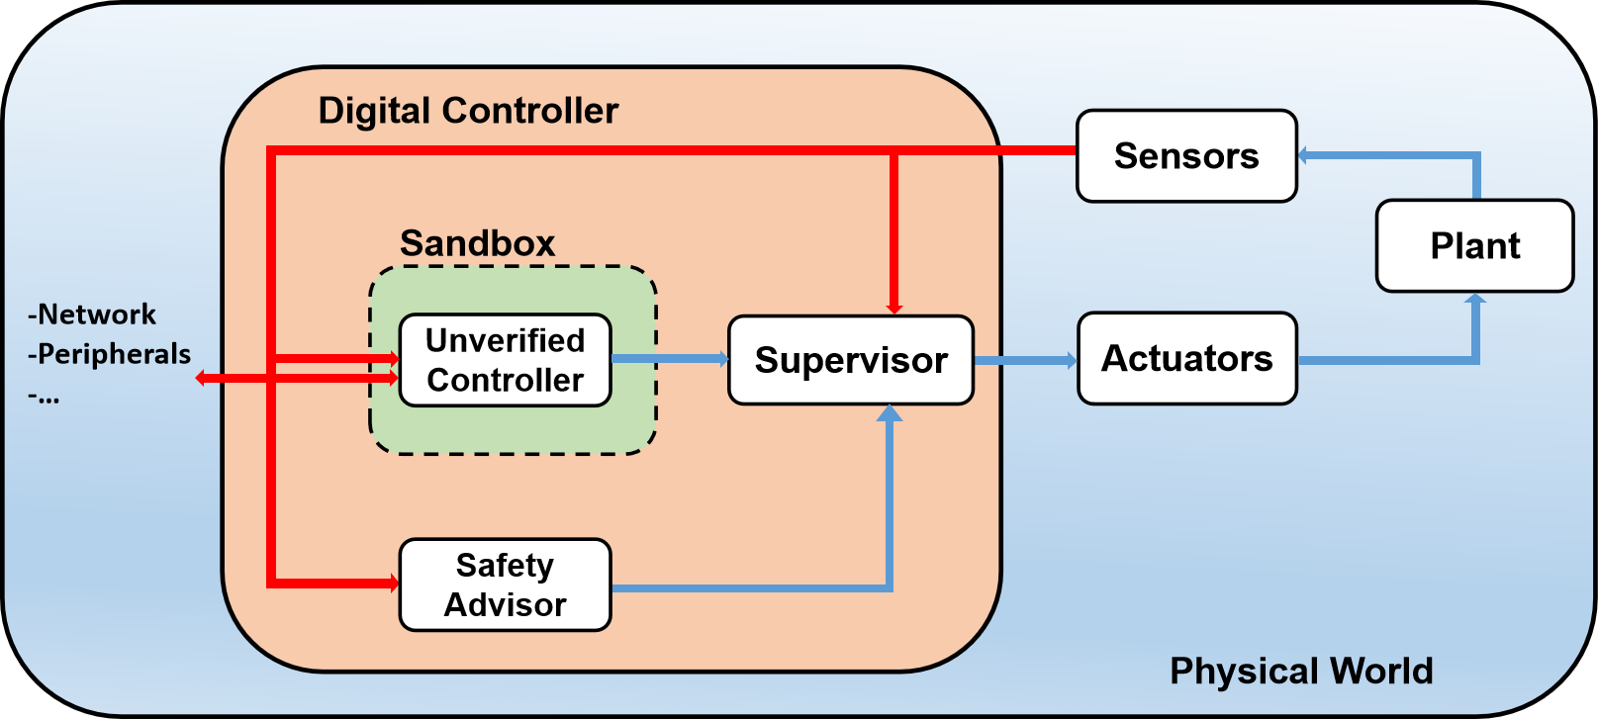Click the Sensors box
coord(1186,156)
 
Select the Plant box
coord(1474,246)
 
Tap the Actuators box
coord(1186,359)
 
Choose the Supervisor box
coord(851,360)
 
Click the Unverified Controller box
coord(505,360)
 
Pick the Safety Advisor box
coord(505,585)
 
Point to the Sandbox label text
coord(477,243)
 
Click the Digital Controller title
coord(468,111)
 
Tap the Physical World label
coord(1301,671)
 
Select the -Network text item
coord(92,315)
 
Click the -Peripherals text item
coord(109,354)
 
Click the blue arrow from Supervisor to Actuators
coord(1025,361)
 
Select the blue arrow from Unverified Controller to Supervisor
coord(670,359)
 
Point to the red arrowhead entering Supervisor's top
coord(894,308)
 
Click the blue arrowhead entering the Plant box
coord(1475,300)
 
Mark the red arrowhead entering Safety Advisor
coord(393,584)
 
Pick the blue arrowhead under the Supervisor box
coord(891,413)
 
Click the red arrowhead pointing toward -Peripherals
coord(202,378)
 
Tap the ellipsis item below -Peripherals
coord(44,397)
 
